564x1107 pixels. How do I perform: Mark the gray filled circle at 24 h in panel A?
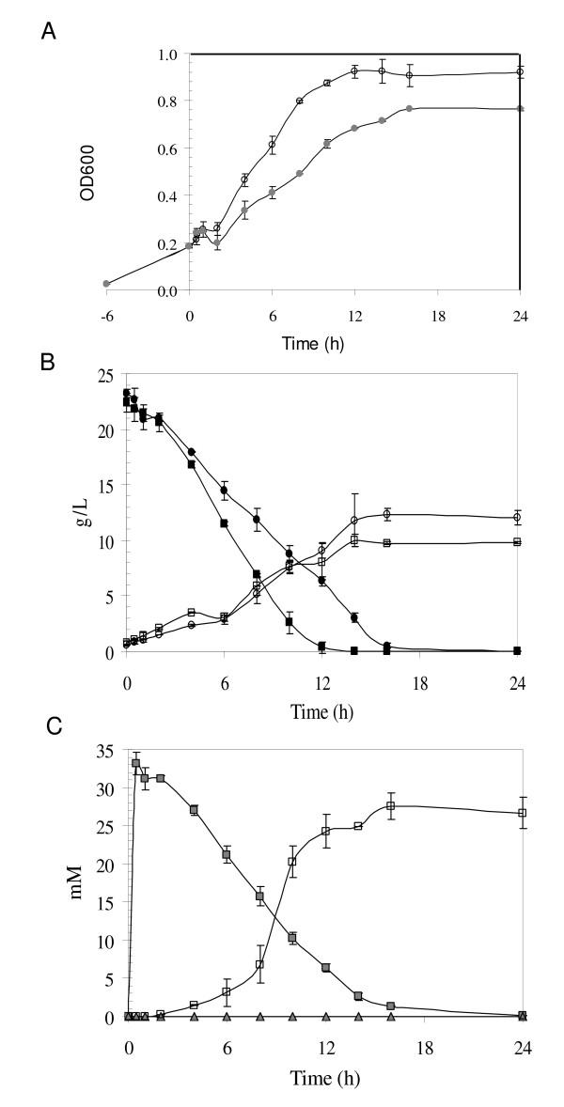click(520, 109)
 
